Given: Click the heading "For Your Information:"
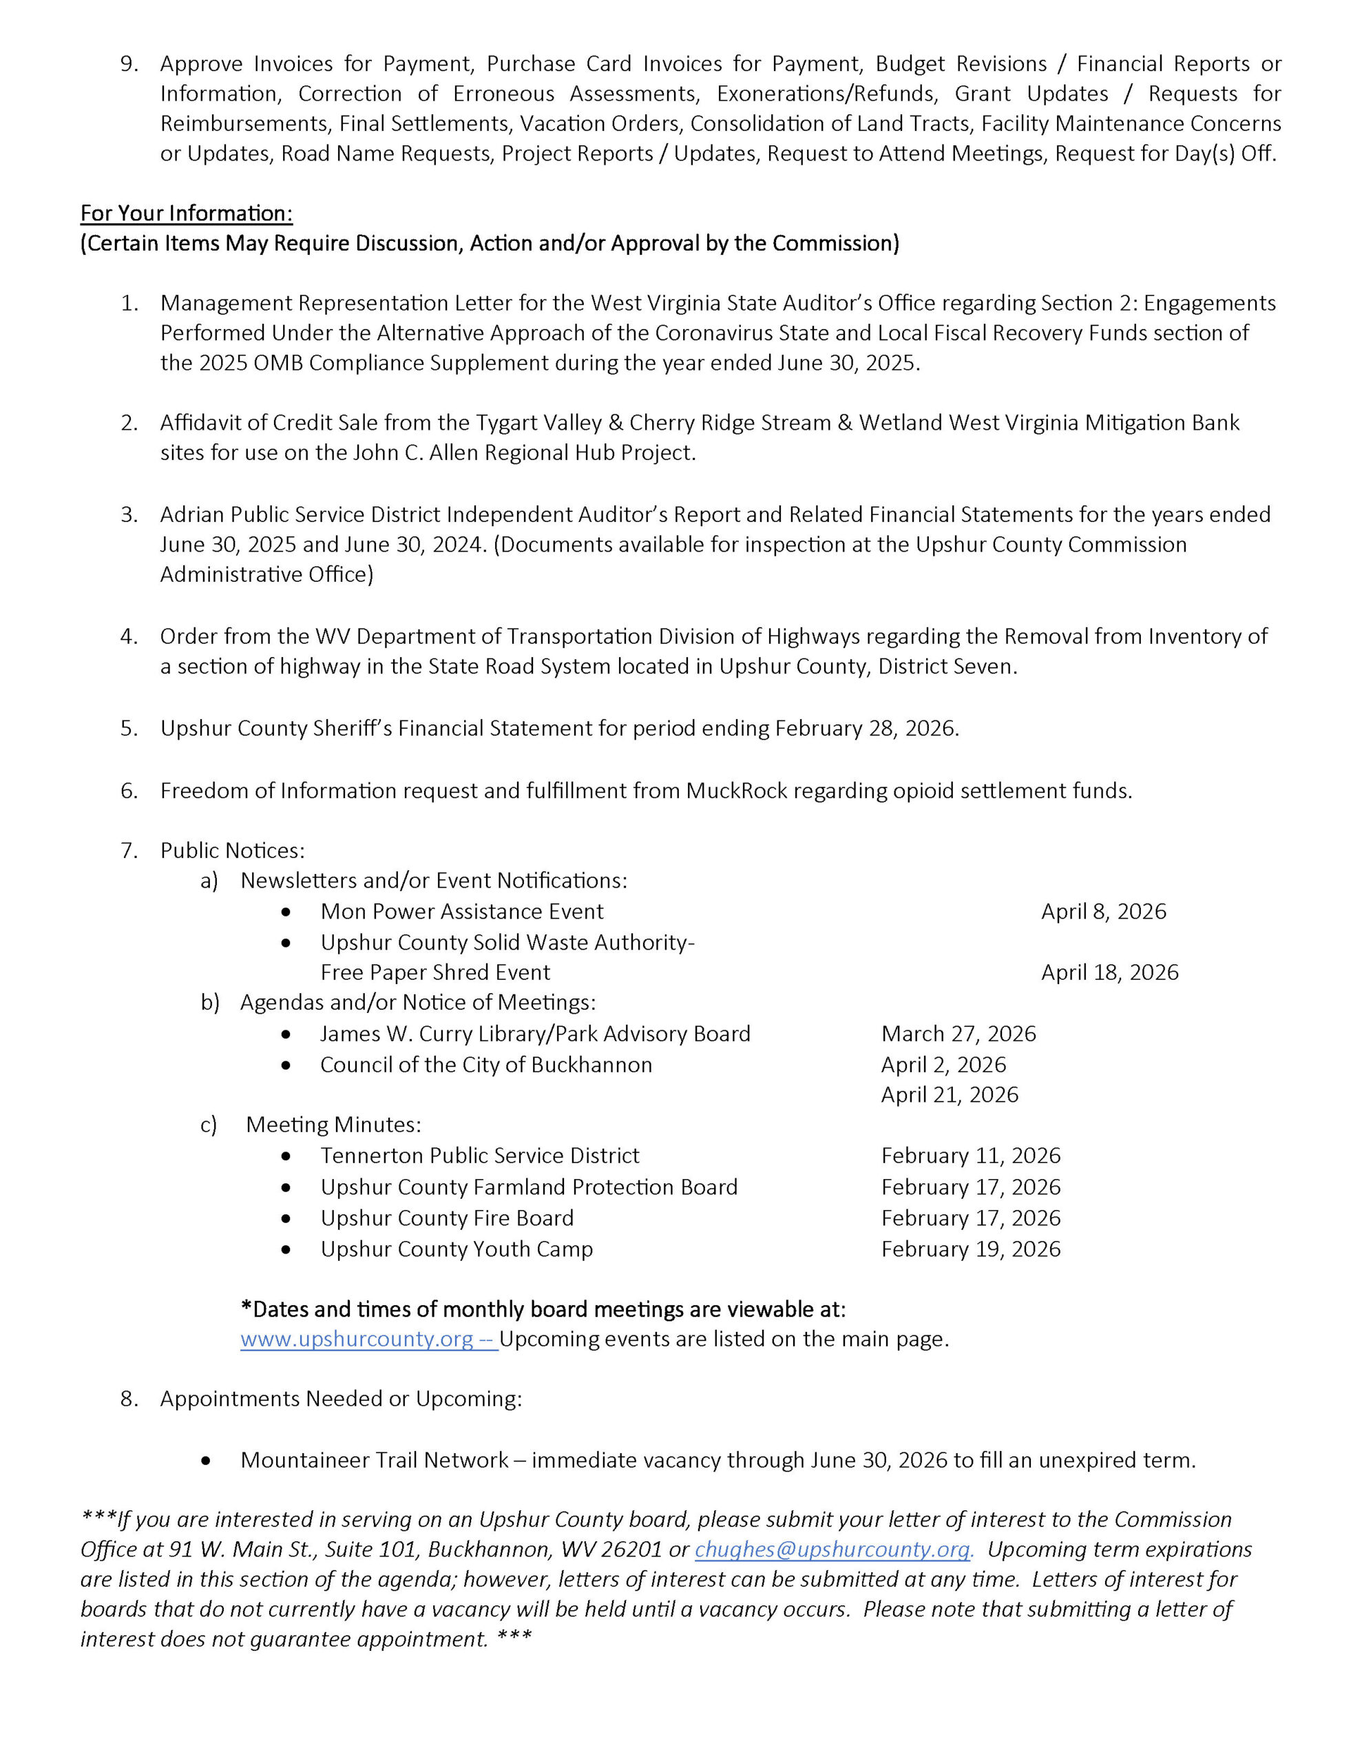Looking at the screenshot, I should coord(186,213).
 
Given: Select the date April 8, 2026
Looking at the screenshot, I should coord(1103,911).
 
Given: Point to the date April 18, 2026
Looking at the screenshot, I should coord(1109,972).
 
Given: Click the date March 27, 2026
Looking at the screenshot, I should coord(958,1034).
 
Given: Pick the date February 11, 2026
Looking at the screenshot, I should coord(970,1156).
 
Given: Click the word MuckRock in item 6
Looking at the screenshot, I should coord(736,791).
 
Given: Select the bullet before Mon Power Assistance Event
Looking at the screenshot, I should coord(286,912).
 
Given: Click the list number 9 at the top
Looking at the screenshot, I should coord(129,64).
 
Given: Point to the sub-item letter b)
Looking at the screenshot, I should coord(209,1003).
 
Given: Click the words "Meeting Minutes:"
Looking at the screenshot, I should coord(333,1125).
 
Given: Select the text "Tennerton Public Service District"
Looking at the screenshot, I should coord(479,1156).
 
